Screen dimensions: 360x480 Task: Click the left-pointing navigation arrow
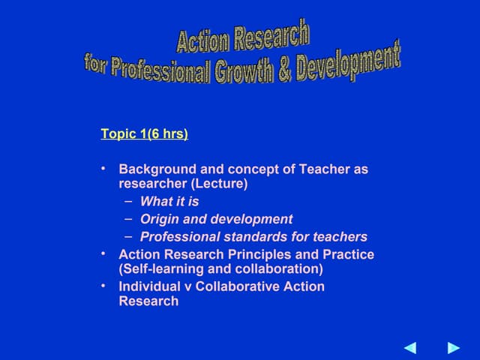coord(410,347)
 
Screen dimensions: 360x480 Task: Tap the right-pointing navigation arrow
coord(453,347)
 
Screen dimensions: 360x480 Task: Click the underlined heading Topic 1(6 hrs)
coord(144,134)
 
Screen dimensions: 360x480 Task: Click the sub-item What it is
coord(169,202)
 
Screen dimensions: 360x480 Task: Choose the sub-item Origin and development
coord(216,220)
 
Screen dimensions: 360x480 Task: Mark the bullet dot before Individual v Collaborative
coord(103,286)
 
